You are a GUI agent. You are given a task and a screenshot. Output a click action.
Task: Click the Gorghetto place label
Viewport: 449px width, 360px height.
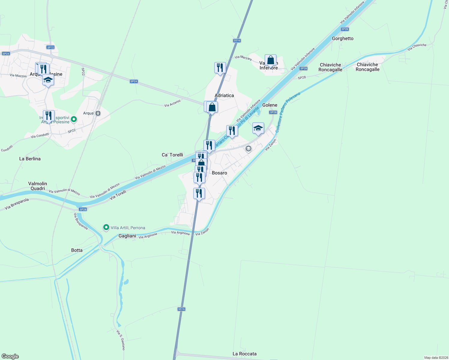click(342, 38)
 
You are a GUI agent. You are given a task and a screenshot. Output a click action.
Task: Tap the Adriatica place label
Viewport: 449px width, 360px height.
click(224, 95)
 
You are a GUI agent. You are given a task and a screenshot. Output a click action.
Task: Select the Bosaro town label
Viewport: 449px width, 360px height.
click(219, 173)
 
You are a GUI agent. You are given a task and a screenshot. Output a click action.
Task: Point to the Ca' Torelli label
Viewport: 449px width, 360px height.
click(172, 155)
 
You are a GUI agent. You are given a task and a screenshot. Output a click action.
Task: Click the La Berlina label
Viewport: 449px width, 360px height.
click(30, 159)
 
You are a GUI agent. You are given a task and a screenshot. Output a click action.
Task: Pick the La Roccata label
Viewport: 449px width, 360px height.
click(244, 354)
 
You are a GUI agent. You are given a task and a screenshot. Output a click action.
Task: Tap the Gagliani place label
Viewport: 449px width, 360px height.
click(127, 236)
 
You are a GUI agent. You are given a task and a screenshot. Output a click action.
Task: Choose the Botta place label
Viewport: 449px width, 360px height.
click(77, 250)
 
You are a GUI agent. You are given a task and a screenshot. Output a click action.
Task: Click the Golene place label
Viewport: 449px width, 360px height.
click(270, 105)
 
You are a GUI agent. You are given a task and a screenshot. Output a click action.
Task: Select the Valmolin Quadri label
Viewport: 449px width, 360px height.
click(38, 186)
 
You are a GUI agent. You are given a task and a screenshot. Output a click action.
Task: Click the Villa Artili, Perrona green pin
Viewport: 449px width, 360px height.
click(106, 227)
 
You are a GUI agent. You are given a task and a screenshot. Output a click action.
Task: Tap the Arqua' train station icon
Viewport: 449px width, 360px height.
click(98, 113)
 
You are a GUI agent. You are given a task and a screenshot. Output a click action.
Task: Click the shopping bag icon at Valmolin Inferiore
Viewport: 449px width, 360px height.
click(270, 60)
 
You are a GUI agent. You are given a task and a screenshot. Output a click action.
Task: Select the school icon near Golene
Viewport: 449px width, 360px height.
click(258, 128)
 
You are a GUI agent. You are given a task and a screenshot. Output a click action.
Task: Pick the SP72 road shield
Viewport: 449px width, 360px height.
click(50, 47)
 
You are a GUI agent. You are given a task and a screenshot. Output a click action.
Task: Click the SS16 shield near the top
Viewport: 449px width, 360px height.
click(237, 40)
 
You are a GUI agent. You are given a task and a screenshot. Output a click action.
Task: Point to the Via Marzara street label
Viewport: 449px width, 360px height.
click(243, 58)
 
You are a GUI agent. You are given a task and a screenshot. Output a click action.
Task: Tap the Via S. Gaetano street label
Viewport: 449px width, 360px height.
click(121, 340)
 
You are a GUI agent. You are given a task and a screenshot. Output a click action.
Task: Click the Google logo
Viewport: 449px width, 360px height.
click(10, 356)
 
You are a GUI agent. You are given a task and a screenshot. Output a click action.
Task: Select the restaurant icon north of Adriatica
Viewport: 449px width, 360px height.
click(220, 68)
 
